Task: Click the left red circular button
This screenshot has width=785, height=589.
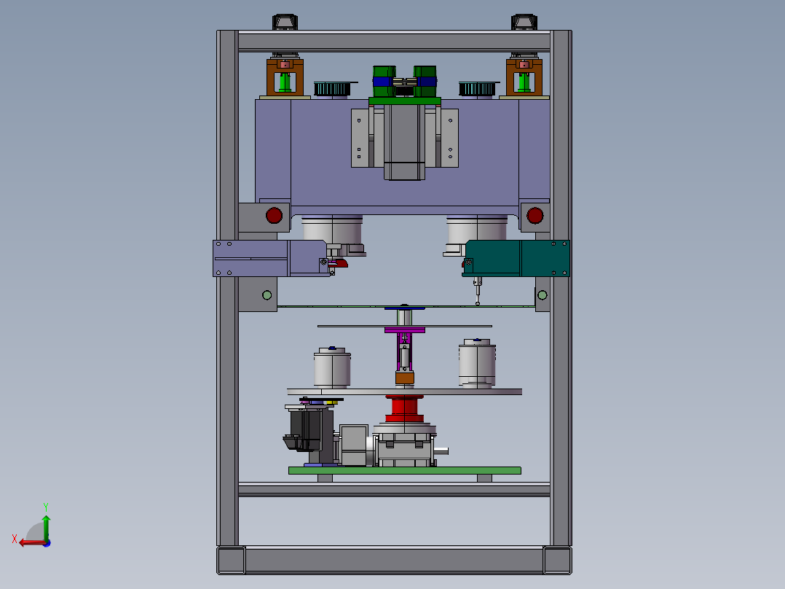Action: pyautogui.click(x=274, y=216)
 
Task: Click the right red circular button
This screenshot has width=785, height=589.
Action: pyautogui.click(x=534, y=216)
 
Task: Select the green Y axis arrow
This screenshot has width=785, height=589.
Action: pyautogui.click(x=46, y=527)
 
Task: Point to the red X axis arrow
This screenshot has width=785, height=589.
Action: pyautogui.click(x=32, y=542)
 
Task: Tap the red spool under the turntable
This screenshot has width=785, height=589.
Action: pyautogui.click(x=405, y=408)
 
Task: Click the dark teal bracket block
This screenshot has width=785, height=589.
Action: pyautogui.click(x=516, y=258)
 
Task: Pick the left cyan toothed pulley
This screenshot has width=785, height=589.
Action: pyautogui.click(x=332, y=89)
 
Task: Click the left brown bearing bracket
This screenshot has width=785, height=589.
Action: pyautogui.click(x=285, y=77)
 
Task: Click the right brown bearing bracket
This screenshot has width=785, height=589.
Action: pyautogui.click(x=524, y=77)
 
